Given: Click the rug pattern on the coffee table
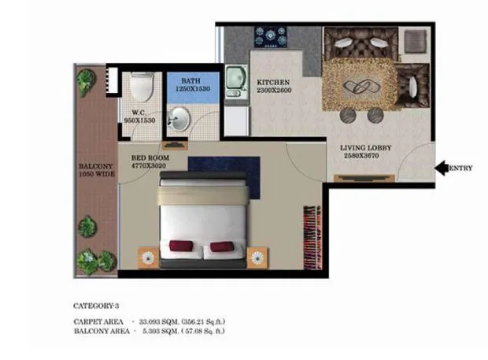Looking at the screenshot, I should [359, 85].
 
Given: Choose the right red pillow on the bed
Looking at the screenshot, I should [220, 247].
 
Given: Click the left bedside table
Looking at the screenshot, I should [147, 256].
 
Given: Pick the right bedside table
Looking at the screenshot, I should [257, 257].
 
